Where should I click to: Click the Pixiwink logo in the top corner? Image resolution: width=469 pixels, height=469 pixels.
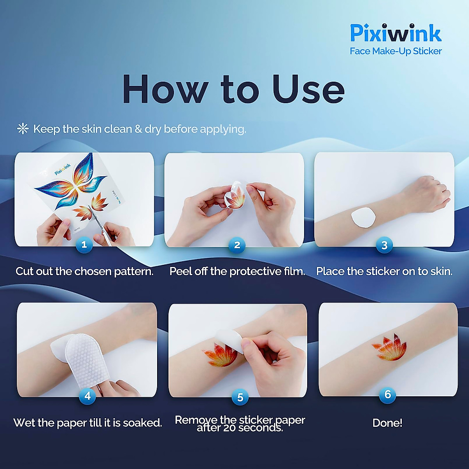[x=396, y=33]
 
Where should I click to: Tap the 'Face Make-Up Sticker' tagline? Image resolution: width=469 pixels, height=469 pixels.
[x=396, y=51]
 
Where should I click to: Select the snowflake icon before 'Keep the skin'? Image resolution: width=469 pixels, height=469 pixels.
[x=23, y=129]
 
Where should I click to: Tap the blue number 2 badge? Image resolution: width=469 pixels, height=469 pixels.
[x=237, y=245]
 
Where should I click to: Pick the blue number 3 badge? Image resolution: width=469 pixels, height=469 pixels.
[x=384, y=245]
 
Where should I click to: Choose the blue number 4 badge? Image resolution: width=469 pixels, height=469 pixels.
[x=88, y=396]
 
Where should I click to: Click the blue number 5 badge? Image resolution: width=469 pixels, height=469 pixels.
[x=240, y=397]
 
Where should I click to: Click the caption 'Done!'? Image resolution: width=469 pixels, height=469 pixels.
[x=387, y=423]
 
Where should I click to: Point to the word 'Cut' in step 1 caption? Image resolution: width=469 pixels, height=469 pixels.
[x=24, y=271]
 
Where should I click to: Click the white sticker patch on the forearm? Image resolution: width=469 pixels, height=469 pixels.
[x=363, y=218]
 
